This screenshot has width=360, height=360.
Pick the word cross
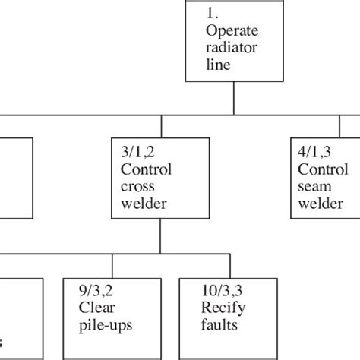[137, 186]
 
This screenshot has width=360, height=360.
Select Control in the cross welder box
[147, 169]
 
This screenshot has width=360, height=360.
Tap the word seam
[314, 186]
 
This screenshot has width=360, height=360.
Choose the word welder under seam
[318, 203]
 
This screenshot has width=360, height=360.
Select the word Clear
[96, 308]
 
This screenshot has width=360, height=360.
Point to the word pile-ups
[104, 326]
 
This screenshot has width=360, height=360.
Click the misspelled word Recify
[222, 308]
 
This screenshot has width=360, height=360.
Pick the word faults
[219, 326]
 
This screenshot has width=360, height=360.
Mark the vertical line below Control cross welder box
[159, 238]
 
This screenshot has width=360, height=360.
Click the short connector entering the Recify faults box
[219, 267]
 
